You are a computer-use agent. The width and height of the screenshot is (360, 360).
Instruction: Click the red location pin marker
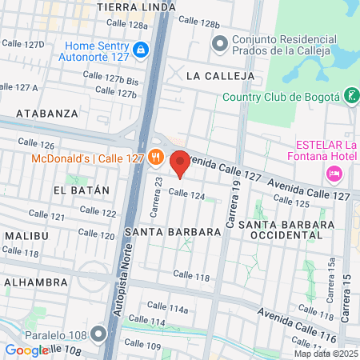180,163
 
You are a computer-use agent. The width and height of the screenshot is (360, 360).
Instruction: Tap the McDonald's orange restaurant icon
156,158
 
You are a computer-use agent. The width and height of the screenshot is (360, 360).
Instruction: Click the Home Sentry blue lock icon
141,50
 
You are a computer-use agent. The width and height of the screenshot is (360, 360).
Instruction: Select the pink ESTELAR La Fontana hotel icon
334,174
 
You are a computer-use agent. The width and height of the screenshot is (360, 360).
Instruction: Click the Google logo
26,350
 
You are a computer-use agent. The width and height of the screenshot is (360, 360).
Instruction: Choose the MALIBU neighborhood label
26,236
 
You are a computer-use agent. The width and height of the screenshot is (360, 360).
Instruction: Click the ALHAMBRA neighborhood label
34,282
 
